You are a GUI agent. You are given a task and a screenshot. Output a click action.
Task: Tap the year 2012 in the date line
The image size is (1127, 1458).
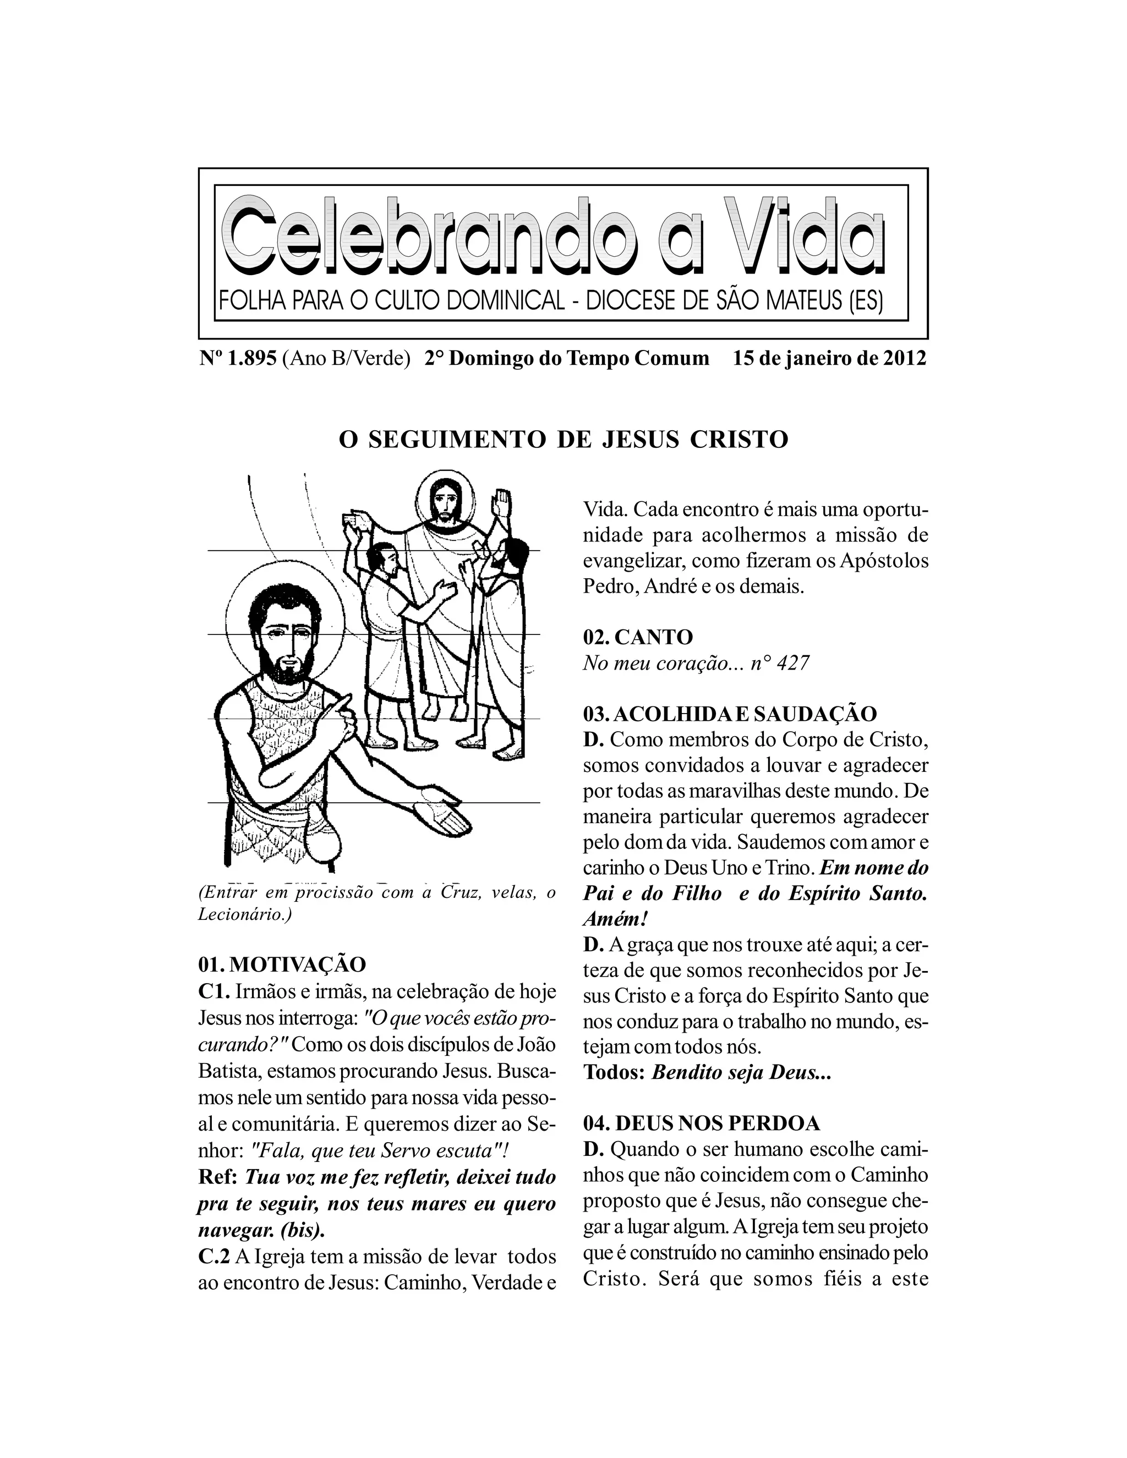(x=905, y=359)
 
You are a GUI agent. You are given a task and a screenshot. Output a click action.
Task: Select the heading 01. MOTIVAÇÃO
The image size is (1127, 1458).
(x=282, y=964)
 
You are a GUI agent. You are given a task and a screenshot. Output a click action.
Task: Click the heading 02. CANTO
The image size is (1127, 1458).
(x=638, y=637)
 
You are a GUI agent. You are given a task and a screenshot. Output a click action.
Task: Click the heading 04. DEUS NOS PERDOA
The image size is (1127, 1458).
(x=701, y=1123)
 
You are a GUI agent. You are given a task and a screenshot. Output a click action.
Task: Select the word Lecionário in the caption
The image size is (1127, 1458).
(x=241, y=914)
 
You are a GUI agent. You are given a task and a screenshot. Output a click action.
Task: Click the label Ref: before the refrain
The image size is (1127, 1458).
(x=218, y=1176)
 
